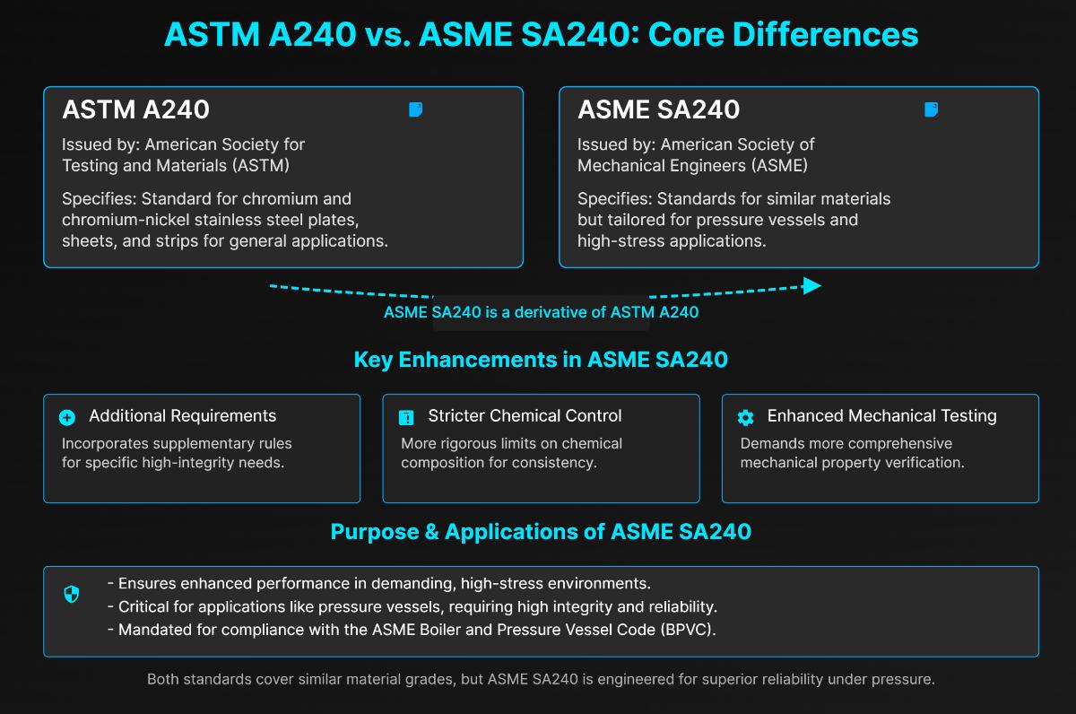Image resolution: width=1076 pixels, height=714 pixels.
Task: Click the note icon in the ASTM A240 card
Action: [x=415, y=109]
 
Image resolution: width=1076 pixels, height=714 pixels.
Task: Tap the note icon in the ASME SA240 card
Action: [x=931, y=109]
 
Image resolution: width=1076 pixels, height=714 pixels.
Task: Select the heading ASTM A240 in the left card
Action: [x=135, y=109]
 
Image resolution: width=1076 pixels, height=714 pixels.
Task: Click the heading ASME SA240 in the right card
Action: [x=658, y=109]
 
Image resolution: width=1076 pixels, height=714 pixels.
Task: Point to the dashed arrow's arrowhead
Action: [x=811, y=285]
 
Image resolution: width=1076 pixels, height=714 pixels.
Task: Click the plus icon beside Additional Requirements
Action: [x=67, y=417]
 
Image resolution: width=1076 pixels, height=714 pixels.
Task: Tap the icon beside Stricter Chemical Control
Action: [x=406, y=417]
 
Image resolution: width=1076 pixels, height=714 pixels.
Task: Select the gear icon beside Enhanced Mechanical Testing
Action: [x=745, y=417]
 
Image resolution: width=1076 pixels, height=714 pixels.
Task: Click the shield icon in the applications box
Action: [x=72, y=594]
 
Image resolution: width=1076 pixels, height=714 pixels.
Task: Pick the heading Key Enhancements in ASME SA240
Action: [x=541, y=360]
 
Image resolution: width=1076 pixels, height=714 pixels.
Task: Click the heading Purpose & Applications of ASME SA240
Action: [x=541, y=531]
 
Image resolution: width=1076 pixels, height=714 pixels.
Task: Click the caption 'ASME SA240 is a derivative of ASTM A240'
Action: [x=541, y=312]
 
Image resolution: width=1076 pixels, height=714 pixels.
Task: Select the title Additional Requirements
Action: [x=183, y=416]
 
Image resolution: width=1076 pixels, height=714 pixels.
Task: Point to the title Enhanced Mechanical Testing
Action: [x=881, y=416]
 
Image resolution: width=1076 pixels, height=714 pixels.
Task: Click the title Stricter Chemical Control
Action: [x=525, y=416]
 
